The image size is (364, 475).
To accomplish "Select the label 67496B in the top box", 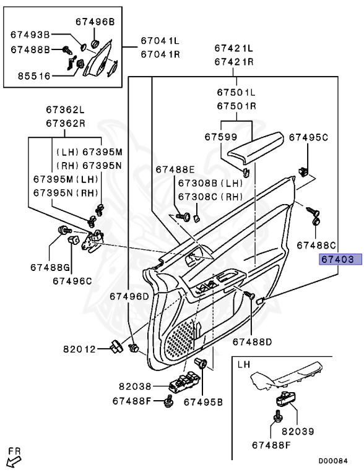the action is click(95, 22).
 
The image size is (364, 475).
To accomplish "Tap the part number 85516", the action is click(34, 75).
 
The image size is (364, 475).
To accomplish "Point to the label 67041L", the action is click(160, 40).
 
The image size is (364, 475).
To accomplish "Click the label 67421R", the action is click(234, 62).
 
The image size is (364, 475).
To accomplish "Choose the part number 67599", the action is click(221, 137).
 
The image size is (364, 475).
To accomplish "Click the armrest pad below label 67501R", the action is click(255, 148).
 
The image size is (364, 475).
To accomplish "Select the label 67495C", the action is click(308, 137).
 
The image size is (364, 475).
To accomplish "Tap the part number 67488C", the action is click(316, 245).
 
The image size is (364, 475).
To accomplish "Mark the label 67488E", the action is click(175, 169).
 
